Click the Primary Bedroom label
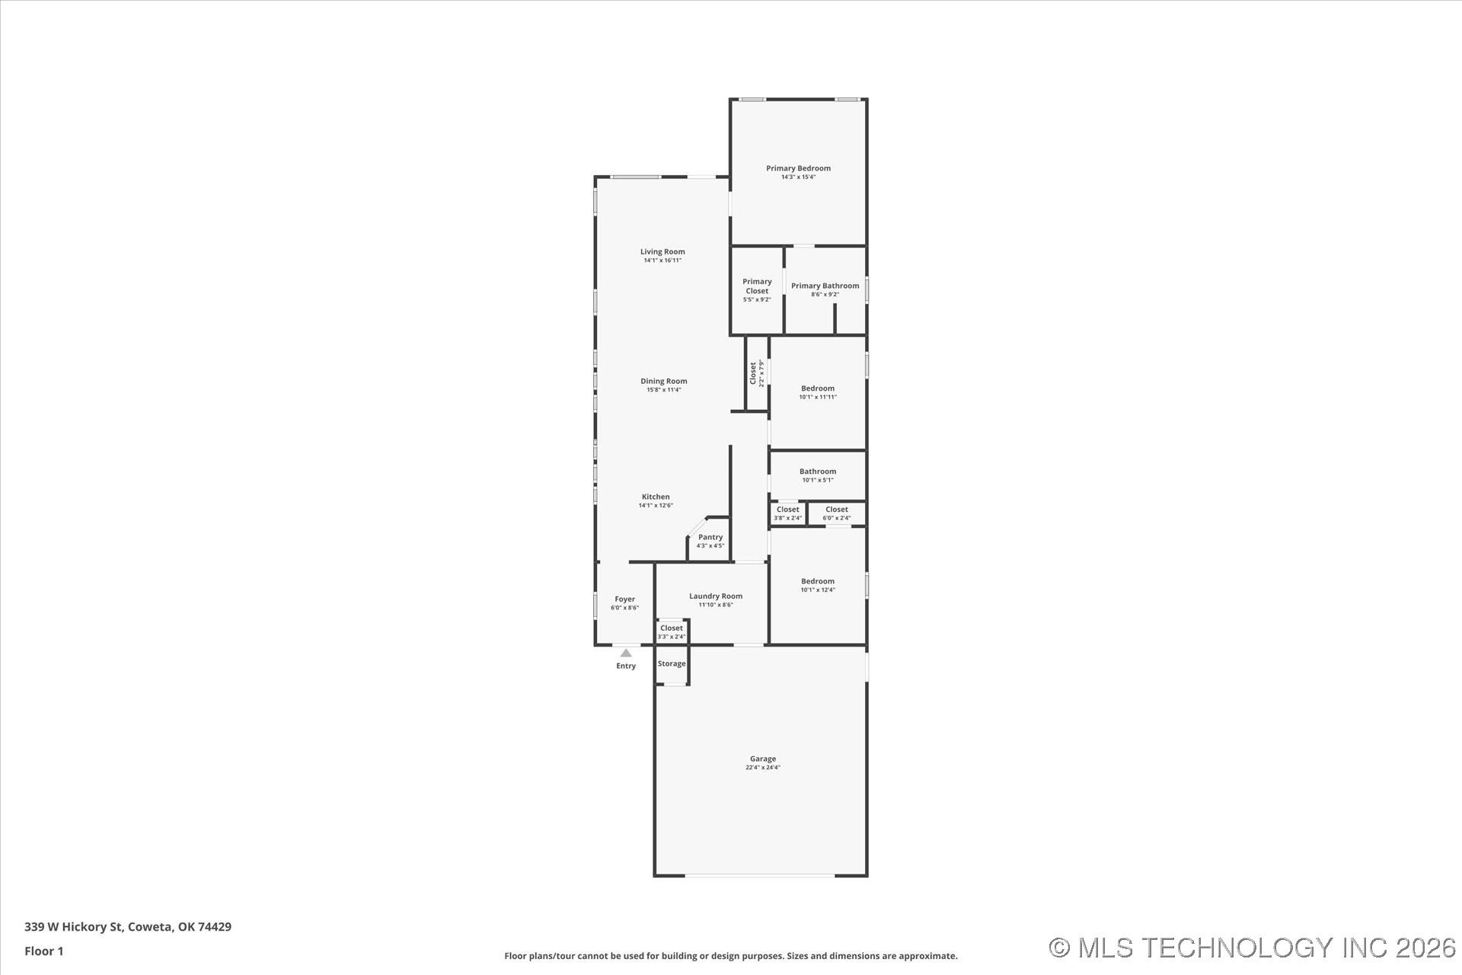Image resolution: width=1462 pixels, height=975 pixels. pyautogui.click(x=798, y=169)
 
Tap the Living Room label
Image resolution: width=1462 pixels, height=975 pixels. pyautogui.click(x=662, y=252)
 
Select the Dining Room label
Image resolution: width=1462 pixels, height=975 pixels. pyautogui.click(x=663, y=382)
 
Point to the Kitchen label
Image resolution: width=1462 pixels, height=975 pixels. pyautogui.click(x=656, y=497)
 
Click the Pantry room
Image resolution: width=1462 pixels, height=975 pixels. pyautogui.click(x=710, y=540)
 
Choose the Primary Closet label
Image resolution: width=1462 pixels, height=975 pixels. pyautogui.click(x=757, y=286)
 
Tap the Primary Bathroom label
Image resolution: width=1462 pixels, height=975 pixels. pyautogui.click(x=825, y=286)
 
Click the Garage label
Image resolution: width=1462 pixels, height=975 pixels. pyautogui.click(x=762, y=759)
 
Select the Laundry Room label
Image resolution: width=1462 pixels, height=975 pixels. pyautogui.click(x=715, y=597)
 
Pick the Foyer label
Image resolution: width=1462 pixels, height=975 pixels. pyautogui.click(x=624, y=600)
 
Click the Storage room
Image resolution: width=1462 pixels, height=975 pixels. pyautogui.click(x=672, y=664)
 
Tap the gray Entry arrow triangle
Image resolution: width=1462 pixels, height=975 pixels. pyautogui.click(x=626, y=653)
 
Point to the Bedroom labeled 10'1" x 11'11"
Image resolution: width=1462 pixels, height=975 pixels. pyautogui.click(x=818, y=389)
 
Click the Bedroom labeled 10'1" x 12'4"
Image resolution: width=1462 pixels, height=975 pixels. pyautogui.click(x=818, y=582)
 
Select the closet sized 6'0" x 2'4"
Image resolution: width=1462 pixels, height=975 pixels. pyautogui.click(x=836, y=513)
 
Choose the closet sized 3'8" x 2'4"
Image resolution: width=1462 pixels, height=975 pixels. pyautogui.click(x=787, y=513)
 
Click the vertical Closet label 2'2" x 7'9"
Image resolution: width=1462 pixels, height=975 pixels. pyautogui.click(x=755, y=373)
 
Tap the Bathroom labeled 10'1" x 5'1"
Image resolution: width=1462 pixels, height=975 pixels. pyautogui.click(x=818, y=472)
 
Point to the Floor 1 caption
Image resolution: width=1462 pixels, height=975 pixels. pyautogui.click(x=44, y=951)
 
